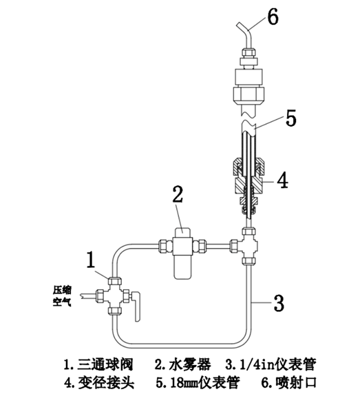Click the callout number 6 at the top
pos(273,17)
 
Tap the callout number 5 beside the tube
pos(291,118)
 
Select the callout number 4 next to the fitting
pos(282,180)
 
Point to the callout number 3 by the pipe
pos(278,303)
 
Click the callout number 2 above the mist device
pos(178,194)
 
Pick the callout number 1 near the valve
pos(91,260)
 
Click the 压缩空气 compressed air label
pos(62,295)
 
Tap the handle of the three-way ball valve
pos(136,307)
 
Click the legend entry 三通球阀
pos(104,365)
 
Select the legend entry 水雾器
pos(190,365)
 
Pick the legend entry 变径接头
pos(106,383)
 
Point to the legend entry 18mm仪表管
pos(205,383)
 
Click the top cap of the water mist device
pos(182,231)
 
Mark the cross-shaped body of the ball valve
pos(115,295)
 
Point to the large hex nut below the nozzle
pos(248,94)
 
